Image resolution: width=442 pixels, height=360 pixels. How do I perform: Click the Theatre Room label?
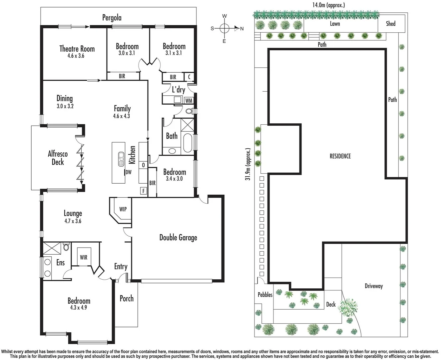coord(77,49)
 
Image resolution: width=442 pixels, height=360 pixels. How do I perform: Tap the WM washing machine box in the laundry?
coord(189,101)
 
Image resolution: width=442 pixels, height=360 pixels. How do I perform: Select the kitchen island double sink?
coord(121,159)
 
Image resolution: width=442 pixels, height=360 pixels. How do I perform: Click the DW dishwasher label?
coord(129,172)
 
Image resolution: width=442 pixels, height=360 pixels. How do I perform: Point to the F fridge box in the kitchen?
coord(143,191)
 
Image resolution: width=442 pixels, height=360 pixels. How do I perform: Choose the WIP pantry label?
coord(123,209)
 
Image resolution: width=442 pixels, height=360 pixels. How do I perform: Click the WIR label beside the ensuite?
coord(84,257)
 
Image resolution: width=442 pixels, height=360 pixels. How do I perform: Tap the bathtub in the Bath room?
coord(188,143)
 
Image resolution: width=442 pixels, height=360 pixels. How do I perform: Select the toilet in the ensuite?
coord(66,247)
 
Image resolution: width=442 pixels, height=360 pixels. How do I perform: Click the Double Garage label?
coord(178,238)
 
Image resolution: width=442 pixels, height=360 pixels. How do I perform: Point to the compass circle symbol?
coord(224,28)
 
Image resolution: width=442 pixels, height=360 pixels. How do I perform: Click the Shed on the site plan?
coord(391,23)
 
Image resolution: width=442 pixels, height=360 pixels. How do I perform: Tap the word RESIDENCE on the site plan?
coord(340,156)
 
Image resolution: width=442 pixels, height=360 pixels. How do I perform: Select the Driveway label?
coord(374,286)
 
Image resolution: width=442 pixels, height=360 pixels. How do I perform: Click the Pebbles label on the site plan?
coord(265,295)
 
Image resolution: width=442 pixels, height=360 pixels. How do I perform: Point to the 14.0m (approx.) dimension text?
coord(329,5)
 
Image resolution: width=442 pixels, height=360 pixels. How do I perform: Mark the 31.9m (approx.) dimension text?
coord(248,164)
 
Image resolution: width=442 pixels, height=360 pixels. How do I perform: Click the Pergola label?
coord(112,18)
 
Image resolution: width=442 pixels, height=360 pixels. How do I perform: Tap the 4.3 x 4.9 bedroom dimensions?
coord(78,307)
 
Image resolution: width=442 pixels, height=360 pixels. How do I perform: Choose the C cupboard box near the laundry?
coord(189,77)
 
